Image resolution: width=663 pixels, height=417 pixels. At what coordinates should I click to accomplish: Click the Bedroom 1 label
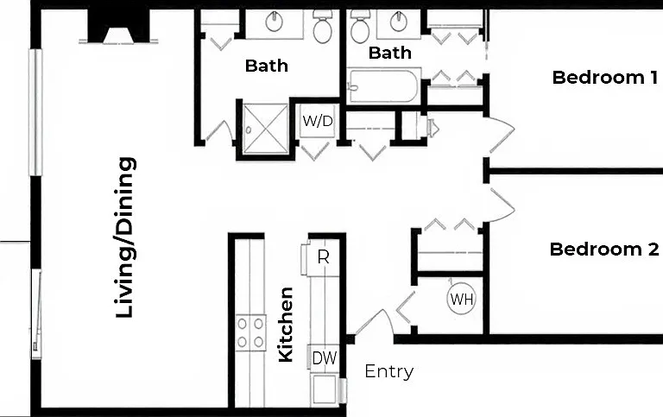[604, 78]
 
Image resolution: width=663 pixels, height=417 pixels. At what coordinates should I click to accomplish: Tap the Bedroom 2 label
[604, 250]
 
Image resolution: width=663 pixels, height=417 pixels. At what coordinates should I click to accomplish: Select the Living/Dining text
[125, 237]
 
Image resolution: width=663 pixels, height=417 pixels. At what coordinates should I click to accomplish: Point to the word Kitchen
[286, 325]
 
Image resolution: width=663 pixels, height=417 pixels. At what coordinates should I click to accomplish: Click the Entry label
[389, 372]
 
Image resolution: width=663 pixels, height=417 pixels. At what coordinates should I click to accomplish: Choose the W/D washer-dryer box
[318, 121]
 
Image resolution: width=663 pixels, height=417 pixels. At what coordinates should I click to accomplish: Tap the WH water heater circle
[461, 299]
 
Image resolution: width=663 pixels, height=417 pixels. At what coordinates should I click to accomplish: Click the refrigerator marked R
[324, 257]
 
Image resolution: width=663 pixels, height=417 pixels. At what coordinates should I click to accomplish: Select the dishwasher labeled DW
[325, 358]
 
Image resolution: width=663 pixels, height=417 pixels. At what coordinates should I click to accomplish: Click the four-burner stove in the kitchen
[250, 332]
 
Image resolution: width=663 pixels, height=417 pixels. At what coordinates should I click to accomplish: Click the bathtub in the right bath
[384, 86]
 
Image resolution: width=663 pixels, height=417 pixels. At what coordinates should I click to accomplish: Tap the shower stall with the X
[265, 129]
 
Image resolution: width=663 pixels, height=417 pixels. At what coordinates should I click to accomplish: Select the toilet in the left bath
[323, 26]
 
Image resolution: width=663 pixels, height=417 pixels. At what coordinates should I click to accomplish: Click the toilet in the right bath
[360, 26]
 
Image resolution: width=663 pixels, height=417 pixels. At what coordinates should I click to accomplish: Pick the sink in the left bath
[275, 21]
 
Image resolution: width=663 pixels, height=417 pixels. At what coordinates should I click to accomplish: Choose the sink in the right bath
[398, 21]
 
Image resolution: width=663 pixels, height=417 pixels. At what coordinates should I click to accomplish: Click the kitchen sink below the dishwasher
[325, 389]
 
